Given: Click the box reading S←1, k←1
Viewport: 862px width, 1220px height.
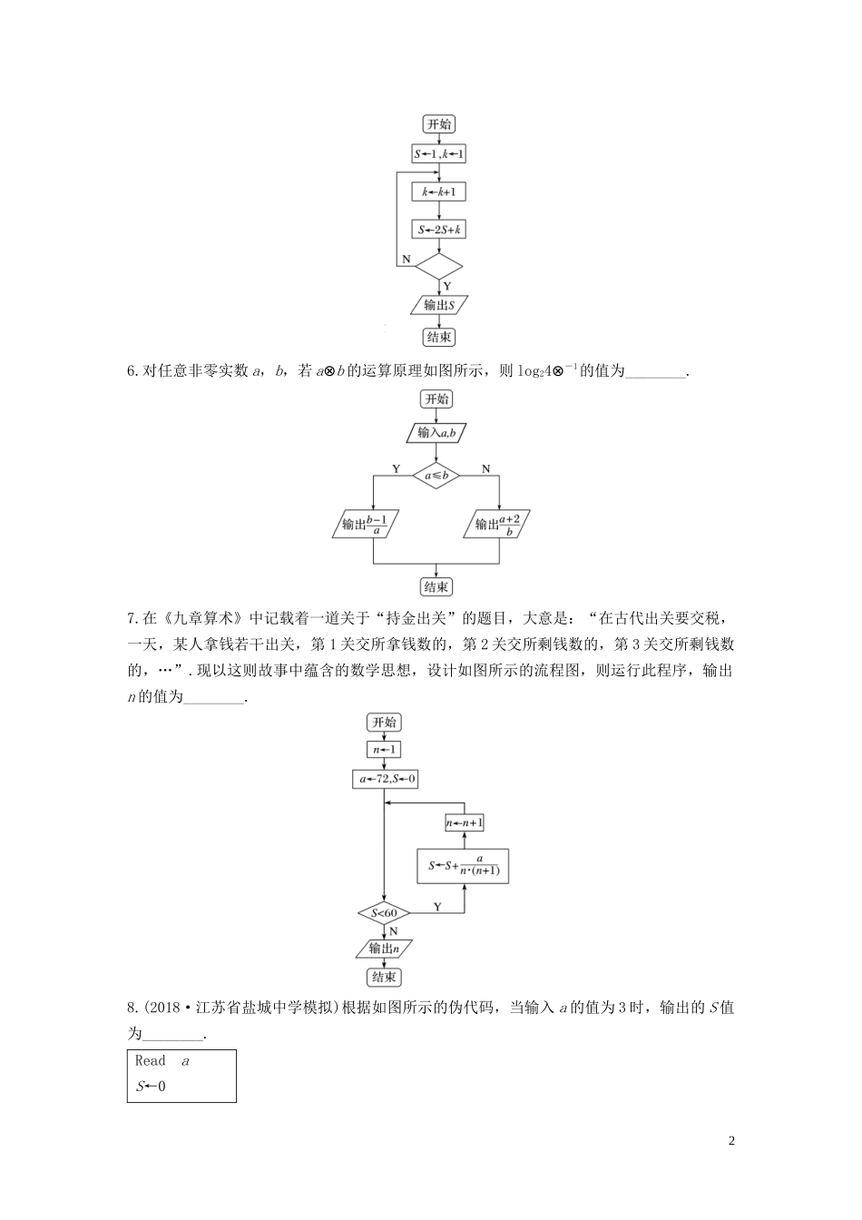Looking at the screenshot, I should coord(439,154).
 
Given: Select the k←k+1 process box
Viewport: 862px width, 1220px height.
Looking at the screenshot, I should coord(439,192).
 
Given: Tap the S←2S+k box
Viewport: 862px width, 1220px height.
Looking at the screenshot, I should coord(439,230).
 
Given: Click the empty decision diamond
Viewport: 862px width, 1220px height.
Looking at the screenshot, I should coord(439,266).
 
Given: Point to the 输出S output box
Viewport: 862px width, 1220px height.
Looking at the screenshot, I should coord(439,305).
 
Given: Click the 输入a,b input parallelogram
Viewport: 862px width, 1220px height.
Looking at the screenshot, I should coord(437,434).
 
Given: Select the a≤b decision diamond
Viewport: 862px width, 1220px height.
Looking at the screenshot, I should coord(437,474).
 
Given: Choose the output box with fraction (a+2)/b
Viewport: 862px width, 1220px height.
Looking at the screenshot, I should coord(503,526).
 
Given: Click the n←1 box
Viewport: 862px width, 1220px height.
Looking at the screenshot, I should coord(384,750).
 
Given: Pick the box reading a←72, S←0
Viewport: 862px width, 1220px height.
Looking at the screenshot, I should coord(385,779).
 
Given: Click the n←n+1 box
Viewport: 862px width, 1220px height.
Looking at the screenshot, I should coord(465,823).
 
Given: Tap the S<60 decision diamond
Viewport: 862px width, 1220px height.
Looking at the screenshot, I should coord(385,912).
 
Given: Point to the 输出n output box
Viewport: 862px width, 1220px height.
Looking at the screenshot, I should coord(385,949).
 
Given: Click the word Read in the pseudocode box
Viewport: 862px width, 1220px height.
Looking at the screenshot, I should coord(151,1060).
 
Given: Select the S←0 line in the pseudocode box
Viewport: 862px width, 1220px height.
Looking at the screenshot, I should coord(151,1086).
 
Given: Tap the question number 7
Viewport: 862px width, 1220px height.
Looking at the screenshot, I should coord(133,619).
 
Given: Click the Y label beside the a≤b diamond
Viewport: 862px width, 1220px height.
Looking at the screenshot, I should coord(396,468).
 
